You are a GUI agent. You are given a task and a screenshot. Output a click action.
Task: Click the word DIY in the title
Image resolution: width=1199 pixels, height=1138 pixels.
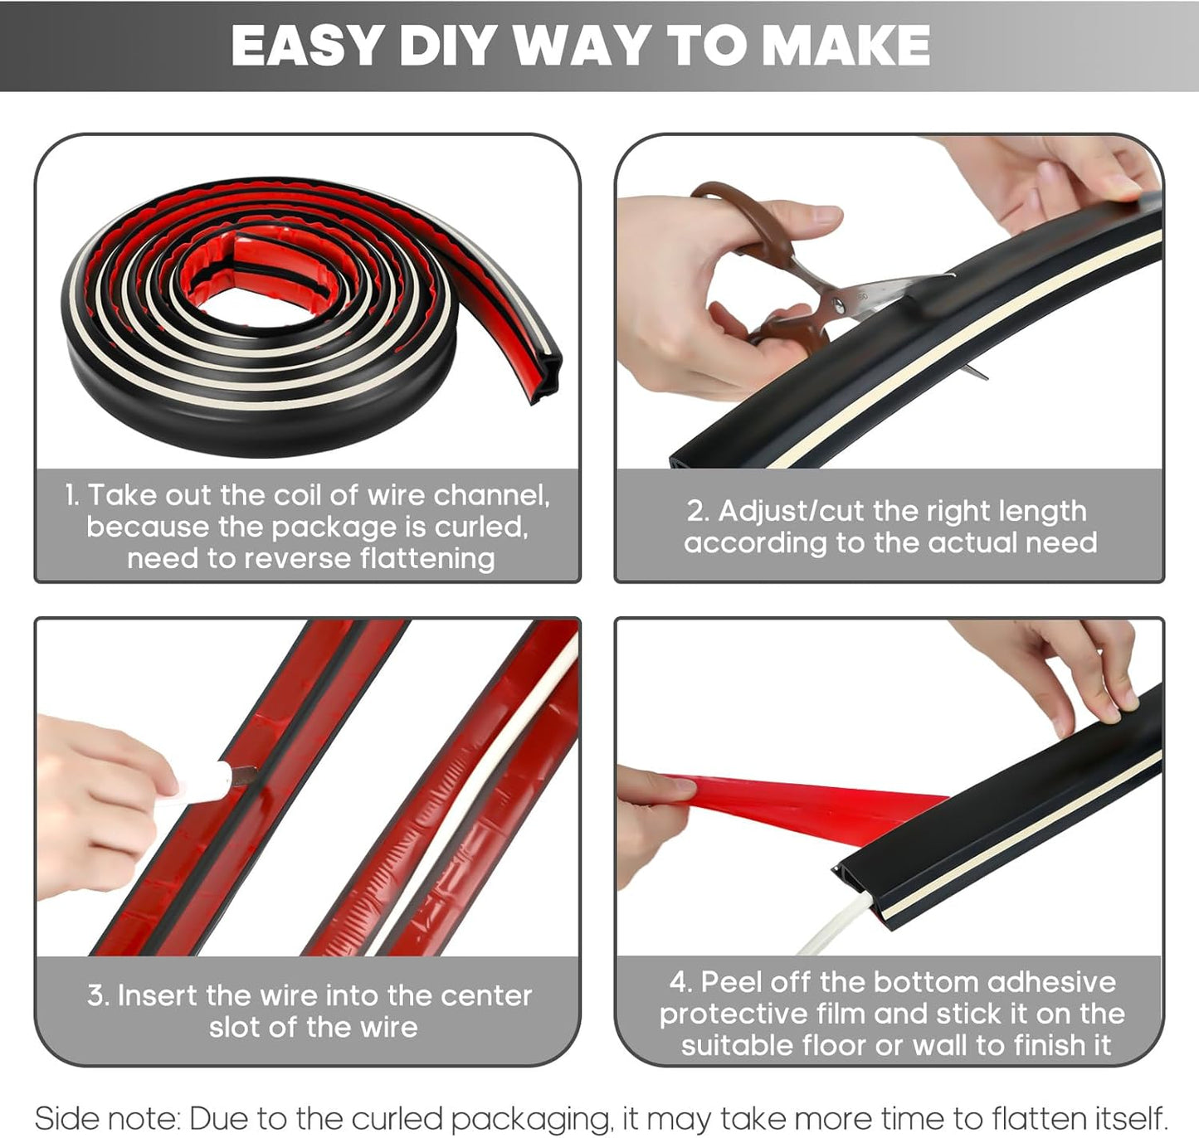pyautogui.click(x=450, y=46)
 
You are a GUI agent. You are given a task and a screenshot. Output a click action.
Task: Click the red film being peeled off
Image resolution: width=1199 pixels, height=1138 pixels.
pyautogui.click(x=797, y=805)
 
